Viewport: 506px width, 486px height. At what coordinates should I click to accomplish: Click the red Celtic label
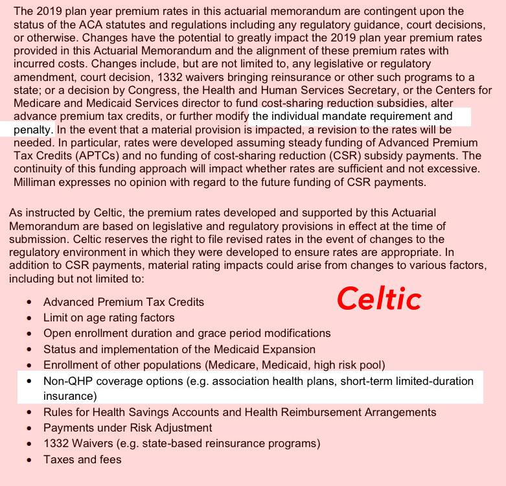[379, 298]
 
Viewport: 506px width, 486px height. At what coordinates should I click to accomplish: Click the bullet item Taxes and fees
[82, 459]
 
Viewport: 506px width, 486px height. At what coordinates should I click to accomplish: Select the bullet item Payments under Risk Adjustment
[128, 428]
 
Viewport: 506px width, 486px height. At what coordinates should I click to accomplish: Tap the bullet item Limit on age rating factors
[109, 318]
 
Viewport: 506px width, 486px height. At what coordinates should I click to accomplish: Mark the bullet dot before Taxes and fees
[29, 460]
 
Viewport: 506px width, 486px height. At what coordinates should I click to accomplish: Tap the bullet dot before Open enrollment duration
[29, 334]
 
